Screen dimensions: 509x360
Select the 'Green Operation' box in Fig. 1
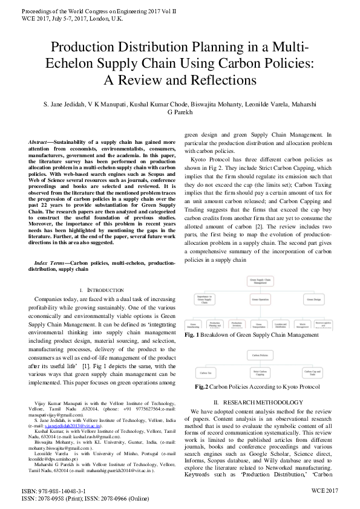coord(260,299)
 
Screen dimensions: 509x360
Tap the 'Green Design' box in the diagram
coord(313,299)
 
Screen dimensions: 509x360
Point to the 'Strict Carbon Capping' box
coord(261,374)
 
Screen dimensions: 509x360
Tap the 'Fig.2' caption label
coord(202,387)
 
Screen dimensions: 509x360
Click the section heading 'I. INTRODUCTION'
coord(106,290)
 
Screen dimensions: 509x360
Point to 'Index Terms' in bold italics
coord(50,264)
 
